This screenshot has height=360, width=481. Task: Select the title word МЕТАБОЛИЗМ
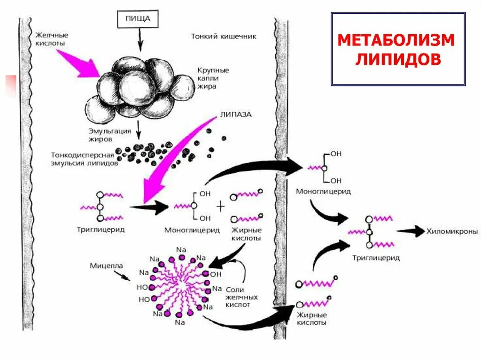[396, 40]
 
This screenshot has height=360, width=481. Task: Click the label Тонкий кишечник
[224, 36]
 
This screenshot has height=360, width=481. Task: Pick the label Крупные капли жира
[213, 78]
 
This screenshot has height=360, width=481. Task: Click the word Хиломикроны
[452, 231]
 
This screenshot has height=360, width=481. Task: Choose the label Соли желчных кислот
[241, 297]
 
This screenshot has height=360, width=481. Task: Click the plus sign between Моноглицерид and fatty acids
[221, 207]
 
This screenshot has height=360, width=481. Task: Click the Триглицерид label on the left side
[100, 230]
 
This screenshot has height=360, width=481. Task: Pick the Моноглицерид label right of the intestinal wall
[323, 192]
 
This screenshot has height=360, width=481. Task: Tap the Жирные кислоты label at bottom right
[311, 319]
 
